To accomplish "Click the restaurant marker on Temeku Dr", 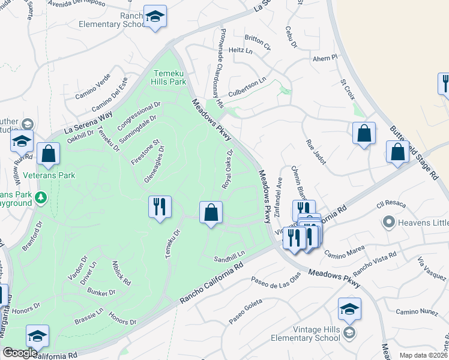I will point(159,207).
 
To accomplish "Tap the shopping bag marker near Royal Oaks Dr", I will point(211,212).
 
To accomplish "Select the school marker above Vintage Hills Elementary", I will point(349,309).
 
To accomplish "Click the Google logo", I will point(20,353).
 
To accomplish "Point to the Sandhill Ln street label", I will point(229,258).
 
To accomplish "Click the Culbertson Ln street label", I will point(246,87).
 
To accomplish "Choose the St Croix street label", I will point(348,88).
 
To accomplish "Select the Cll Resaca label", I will point(387,206).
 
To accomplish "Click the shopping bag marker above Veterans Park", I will point(48,154).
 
